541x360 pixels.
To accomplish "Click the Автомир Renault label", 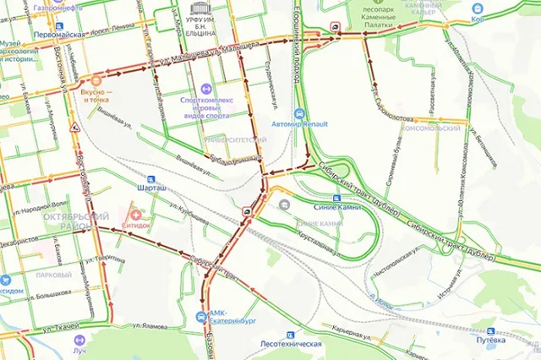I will [299, 125].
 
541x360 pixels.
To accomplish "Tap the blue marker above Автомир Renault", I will [298, 113].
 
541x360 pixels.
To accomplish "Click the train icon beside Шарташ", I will [150, 179].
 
